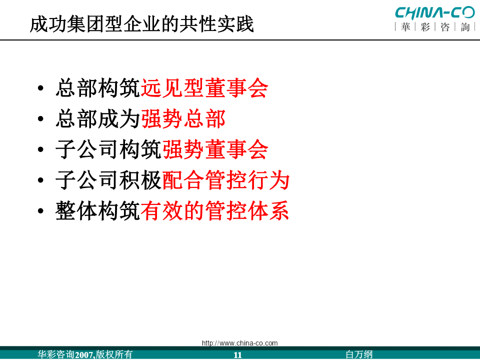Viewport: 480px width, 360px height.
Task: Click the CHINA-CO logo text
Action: pos(435,13)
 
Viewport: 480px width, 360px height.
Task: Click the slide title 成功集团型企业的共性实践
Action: pos(141,24)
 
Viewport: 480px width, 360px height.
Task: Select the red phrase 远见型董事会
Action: pos(204,88)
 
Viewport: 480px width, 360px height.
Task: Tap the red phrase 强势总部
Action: pos(183,119)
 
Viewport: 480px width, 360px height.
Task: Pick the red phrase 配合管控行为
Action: pos(226,180)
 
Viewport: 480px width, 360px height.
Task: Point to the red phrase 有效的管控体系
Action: pos(215,210)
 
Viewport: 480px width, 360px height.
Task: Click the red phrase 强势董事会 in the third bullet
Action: pos(215,149)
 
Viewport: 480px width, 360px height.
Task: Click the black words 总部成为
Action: pos(98,119)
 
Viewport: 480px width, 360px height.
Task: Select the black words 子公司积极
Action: pos(108,180)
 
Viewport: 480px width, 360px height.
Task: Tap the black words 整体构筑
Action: pos(98,210)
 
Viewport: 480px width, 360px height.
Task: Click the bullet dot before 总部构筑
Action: pos(40,88)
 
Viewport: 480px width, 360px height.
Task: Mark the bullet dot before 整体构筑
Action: pos(40,211)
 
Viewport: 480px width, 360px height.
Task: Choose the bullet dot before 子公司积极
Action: pos(40,180)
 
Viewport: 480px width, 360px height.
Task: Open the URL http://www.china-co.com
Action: pos(239,343)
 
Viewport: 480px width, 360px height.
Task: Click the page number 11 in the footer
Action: pos(237,355)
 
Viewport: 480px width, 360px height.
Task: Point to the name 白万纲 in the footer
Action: pos(359,354)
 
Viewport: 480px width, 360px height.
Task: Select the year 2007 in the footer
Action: pos(84,355)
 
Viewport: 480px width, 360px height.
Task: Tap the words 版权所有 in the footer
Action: pos(114,354)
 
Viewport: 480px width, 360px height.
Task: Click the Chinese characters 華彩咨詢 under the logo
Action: pos(435,27)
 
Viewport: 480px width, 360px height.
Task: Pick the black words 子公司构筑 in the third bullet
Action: pos(108,149)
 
